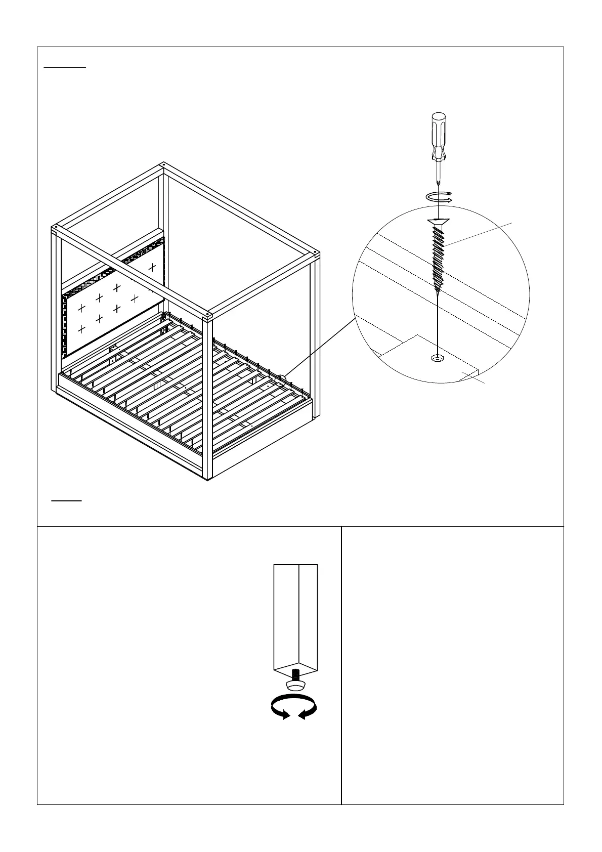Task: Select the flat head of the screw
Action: pos(438,222)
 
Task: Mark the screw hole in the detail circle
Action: pos(437,359)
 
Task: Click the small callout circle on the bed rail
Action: pos(281,380)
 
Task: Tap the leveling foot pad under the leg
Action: pos(295,685)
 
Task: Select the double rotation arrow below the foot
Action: pos(293,706)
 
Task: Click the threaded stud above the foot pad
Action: pos(296,675)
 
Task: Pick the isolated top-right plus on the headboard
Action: pos(151,267)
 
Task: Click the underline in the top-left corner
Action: pos(65,66)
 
